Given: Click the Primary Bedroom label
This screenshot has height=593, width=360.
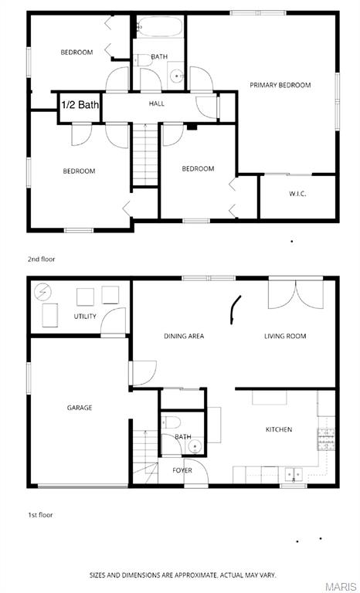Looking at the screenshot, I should (x=280, y=85).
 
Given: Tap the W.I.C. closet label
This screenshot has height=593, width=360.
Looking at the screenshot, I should (x=297, y=194).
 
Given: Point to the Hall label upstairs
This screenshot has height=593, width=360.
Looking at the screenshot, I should (x=157, y=103).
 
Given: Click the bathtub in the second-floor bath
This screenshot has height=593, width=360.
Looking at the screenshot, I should (x=160, y=28).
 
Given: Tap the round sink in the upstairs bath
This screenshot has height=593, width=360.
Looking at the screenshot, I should (x=176, y=76).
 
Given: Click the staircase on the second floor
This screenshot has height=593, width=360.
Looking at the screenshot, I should (x=144, y=154).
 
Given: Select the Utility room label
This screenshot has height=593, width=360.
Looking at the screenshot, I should (x=85, y=317).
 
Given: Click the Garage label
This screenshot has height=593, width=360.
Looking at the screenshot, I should (x=80, y=408).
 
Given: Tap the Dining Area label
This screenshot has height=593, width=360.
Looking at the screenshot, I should (x=184, y=336).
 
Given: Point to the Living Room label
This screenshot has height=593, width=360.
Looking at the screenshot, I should (x=285, y=336).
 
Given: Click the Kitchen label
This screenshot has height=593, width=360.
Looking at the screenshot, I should (x=279, y=429).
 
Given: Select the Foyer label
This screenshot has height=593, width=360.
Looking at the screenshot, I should (x=182, y=470).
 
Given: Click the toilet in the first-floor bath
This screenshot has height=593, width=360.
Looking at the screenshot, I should (x=172, y=421).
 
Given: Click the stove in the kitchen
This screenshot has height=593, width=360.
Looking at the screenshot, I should (x=325, y=438).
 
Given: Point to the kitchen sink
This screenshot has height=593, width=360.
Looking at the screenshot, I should (x=293, y=474).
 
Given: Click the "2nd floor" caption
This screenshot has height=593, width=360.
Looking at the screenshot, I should (x=42, y=259).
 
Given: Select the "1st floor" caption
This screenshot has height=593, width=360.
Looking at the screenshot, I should (x=40, y=514).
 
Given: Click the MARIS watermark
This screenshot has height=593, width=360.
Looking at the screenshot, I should (x=341, y=587).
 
